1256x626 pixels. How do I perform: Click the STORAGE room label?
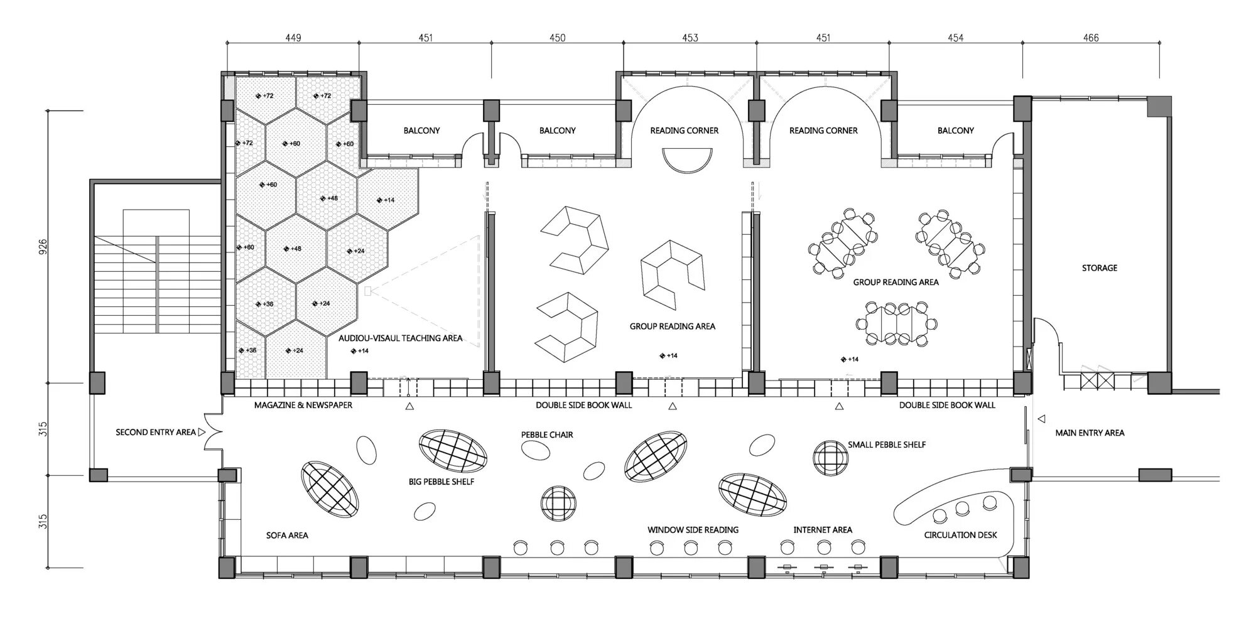(x=1099, y=268)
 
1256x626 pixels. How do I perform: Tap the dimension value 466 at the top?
(x=1091, y=38)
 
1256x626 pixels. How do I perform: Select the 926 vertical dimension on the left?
(x=43, y=246)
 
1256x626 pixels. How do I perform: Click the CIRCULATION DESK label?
(x=960, y=535)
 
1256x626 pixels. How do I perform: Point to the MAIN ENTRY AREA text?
(x=1090, y=433)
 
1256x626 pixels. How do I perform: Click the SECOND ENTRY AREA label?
(x=155, y=432)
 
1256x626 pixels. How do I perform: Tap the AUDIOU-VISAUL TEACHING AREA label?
(x=400, y=338)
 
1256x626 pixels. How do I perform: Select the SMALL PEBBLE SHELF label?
(x=887, y=445)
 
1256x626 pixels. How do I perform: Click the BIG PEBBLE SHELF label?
(x=441, y=482)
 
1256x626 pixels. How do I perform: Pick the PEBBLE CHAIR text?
(x=547, y=434)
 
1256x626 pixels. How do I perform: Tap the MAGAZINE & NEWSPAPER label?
(x=303, y=405)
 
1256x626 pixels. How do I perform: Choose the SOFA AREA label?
(x=287, y=535)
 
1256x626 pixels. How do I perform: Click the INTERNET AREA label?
(x=823, y=530)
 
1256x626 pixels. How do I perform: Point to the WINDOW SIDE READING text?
(x=693, y=530)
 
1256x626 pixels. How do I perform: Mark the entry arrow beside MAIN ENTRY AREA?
(x=1041, y=419)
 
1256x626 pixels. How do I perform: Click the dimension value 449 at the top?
(x=293, y=38)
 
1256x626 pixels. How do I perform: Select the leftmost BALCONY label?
(x=421, y=131)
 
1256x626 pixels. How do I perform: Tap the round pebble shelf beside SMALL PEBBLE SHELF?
(x=830, y=458)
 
